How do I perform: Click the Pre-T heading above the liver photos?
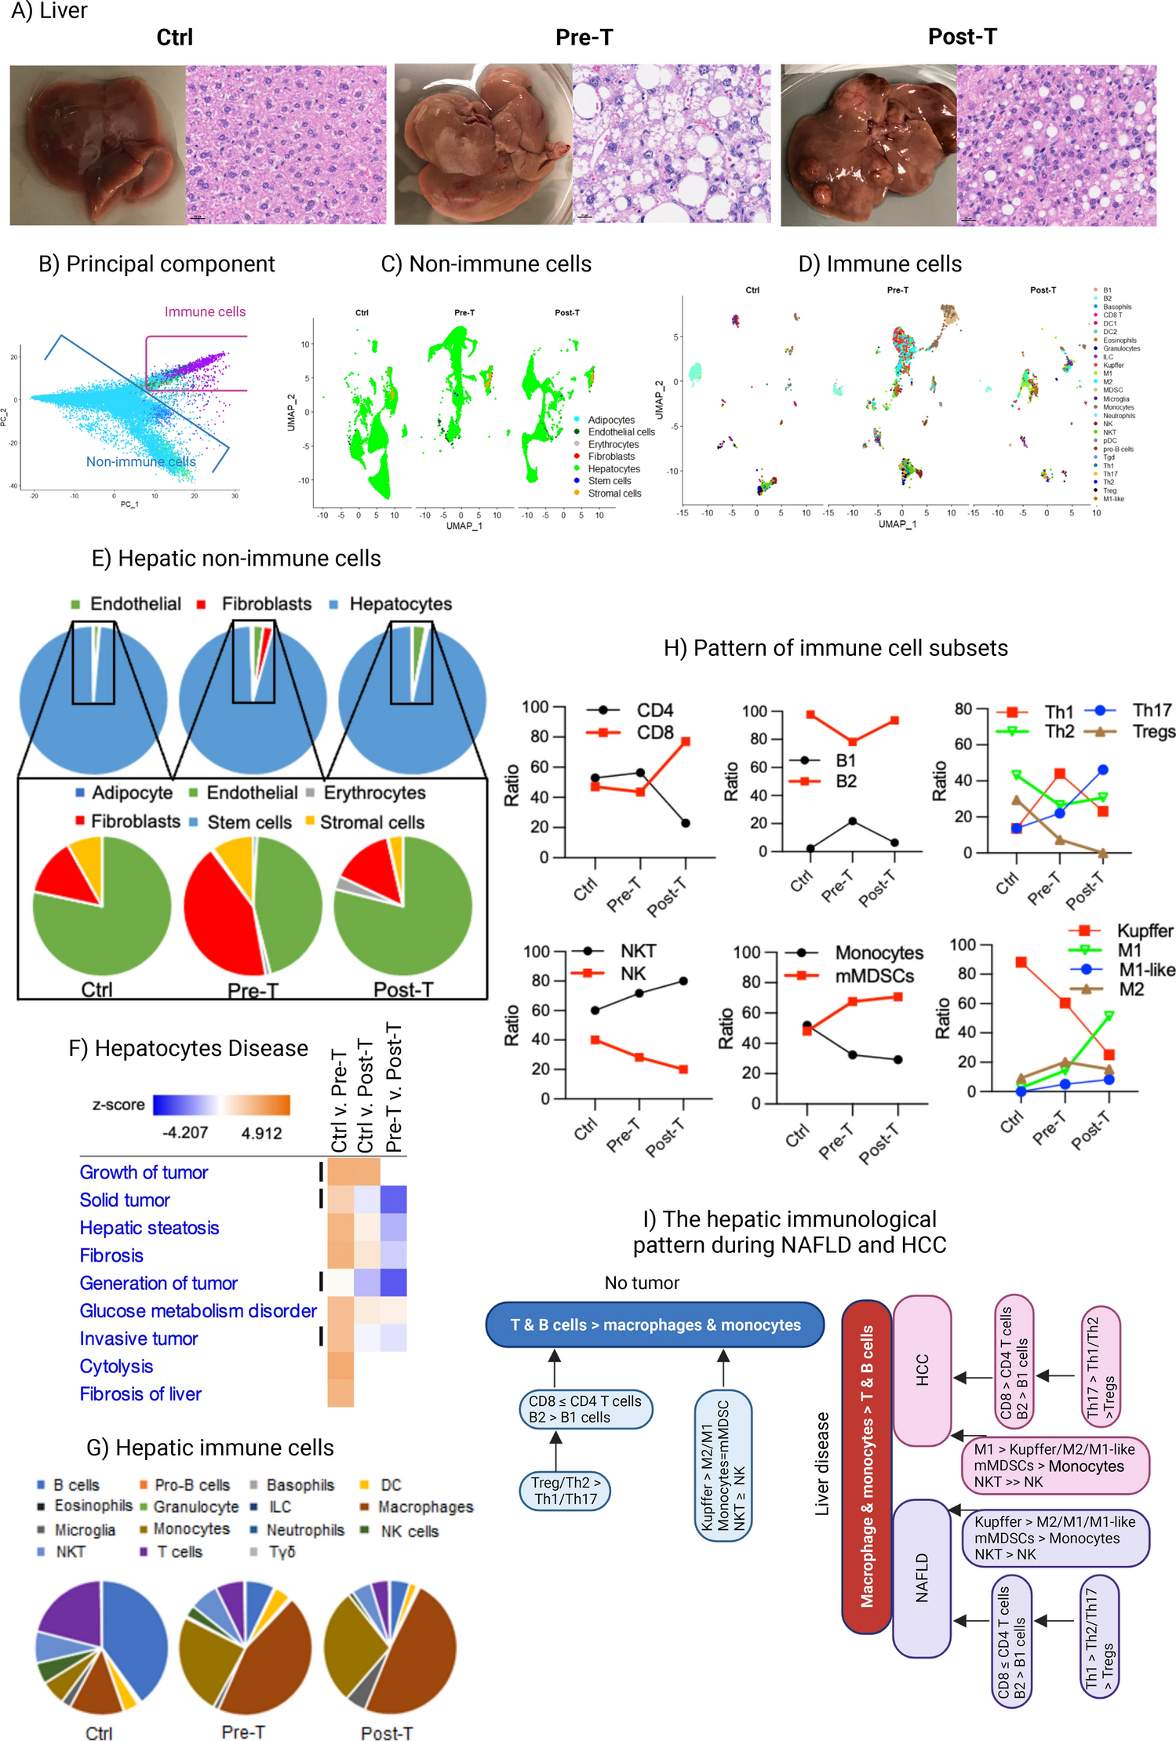pos(584,37)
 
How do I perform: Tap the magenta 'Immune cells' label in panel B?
pos(205,311)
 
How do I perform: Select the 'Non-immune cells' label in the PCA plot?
pos(140,461)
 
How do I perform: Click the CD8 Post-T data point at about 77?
pos(686,741)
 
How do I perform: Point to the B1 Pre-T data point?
pos(852,821)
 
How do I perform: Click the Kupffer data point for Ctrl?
pos(1021,962)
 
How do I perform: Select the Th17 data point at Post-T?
pos(1103,770)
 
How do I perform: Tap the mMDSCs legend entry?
pos(874,976)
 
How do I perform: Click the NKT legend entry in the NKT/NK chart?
pos(637,951)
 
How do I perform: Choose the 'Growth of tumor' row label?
pos(144,1172)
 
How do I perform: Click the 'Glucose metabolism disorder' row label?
pos(198,1311)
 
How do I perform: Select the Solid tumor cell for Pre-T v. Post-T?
pos(393,1200)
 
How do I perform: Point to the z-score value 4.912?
pos(261,1133)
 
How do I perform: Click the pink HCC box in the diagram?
pos(922,1370)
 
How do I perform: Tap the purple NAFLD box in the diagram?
pos(922,1578)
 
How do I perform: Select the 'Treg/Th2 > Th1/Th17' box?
pos(565,1491)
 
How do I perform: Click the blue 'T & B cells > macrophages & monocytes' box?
pos(655,1325)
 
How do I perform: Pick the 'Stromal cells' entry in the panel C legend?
pos(614,494)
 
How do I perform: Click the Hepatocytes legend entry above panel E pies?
pos(400,604)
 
